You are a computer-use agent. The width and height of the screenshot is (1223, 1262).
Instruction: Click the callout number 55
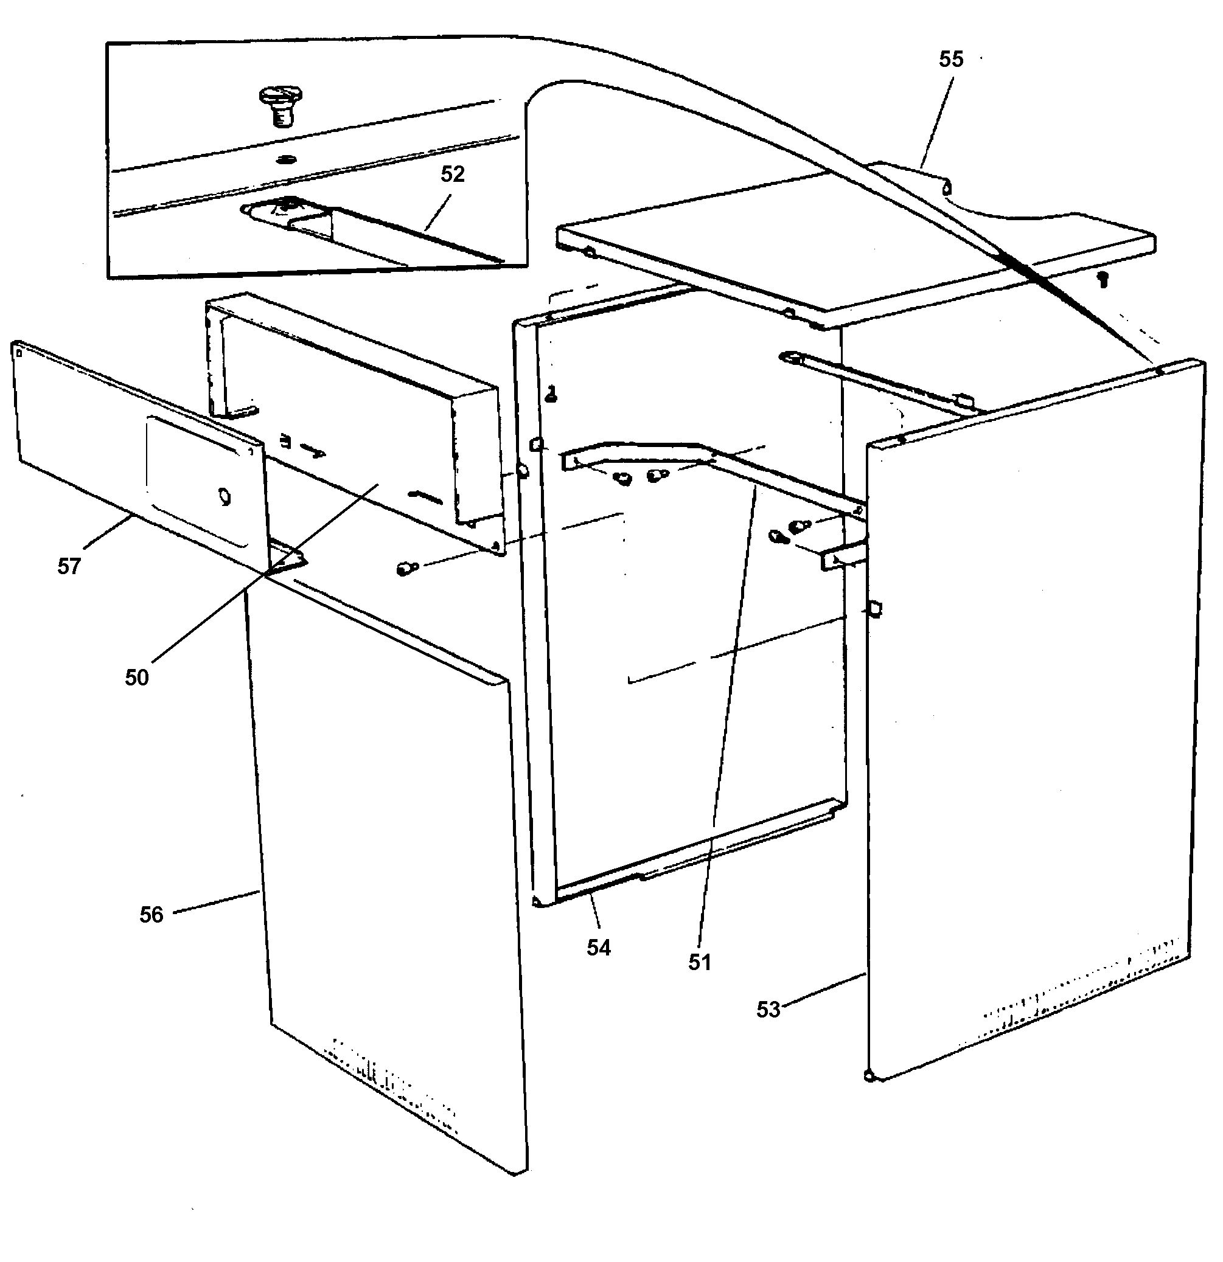pyautogui.click(x=950, y=60)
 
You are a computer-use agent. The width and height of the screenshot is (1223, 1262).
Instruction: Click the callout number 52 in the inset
pyautogui.click(x=452, y=174)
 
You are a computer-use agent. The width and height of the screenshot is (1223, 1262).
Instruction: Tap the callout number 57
pyautogui.click(x=69, y=567)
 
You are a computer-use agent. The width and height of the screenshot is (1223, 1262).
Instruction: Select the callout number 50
pyautogui.click(x=136, y=678)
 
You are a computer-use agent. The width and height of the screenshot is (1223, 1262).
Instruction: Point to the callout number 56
pyautogui.click(x=152, y=915)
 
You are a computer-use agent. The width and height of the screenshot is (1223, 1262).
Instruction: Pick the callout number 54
pyautogui.click(x=598, y=948)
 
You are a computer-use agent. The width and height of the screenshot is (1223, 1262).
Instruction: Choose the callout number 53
pyautogui.click(x=768, y=1010)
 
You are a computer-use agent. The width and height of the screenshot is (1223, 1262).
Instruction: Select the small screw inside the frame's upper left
pyautogui.click(x=551, y=394)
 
